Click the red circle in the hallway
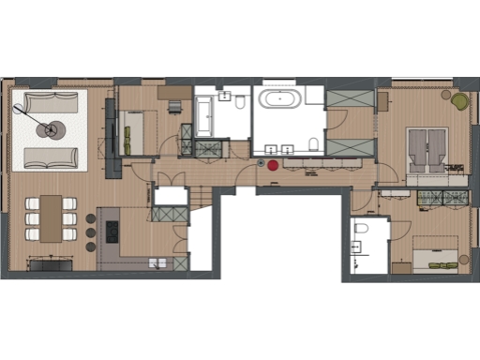click(x=273, y=164)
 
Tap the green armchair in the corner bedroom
click(x=459, y=101)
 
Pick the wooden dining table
click(x=51, y=217)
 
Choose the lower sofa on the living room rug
click(x=49, y=157)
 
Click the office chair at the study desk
click(x=174, y=105)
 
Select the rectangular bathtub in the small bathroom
click(x=206, y=115)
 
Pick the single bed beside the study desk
click(x=141, y=128)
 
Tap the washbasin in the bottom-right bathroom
click(x=355, y=248)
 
